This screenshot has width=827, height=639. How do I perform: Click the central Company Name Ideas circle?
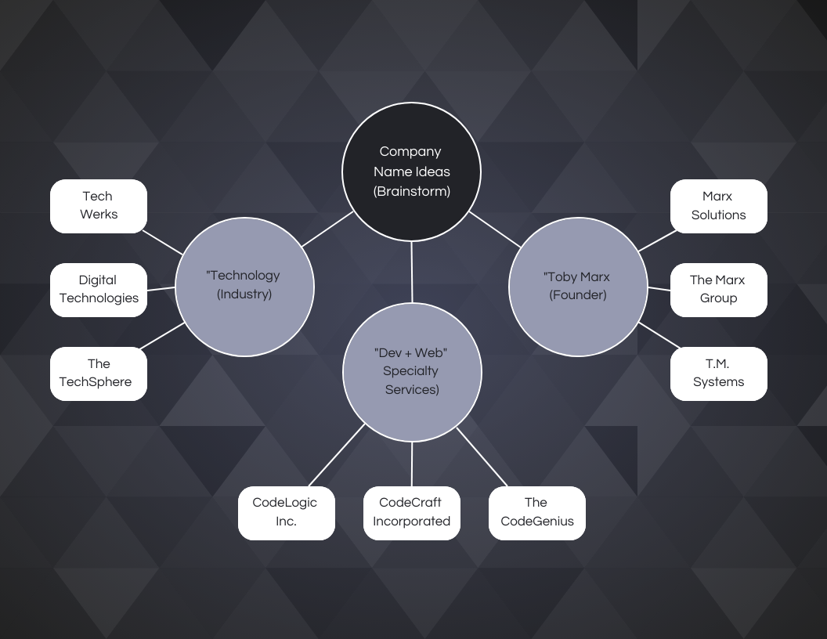[x=411, y=171]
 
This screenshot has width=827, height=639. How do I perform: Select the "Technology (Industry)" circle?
[x=244, y=287]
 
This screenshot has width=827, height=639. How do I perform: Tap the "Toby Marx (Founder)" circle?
[x=578, y=287]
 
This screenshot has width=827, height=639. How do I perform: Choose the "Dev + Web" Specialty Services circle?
[x=412, y=371]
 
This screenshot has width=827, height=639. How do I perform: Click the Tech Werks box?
[x=99, y=206]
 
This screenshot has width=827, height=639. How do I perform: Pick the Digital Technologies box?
[x=99, y=290]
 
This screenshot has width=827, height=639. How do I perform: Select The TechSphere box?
[x=99, y=374]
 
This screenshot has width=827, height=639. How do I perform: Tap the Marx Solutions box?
[x=718, y=206]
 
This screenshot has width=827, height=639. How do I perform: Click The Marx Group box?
[x=718, y=290]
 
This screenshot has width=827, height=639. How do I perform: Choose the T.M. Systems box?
[x=718, y=374]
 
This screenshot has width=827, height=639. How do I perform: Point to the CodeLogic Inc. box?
[x=286, y=513]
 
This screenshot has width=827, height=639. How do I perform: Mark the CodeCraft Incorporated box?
[x=411, y=513]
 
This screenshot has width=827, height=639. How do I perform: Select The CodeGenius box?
[x=536, y=513]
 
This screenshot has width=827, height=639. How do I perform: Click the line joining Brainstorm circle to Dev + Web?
[x=411, y=272]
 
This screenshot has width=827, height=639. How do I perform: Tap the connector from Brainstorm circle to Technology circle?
[x=327, y=229]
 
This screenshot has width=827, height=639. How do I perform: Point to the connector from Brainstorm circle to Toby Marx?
[x=495, y=229]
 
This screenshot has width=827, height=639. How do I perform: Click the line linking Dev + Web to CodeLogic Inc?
[x=337, y=456]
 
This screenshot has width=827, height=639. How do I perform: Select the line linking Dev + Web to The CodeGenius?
[x=482, y=456]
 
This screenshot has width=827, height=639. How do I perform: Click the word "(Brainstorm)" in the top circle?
[x=411, y=191]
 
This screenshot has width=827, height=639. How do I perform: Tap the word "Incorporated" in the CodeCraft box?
[x=411, y=522]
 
